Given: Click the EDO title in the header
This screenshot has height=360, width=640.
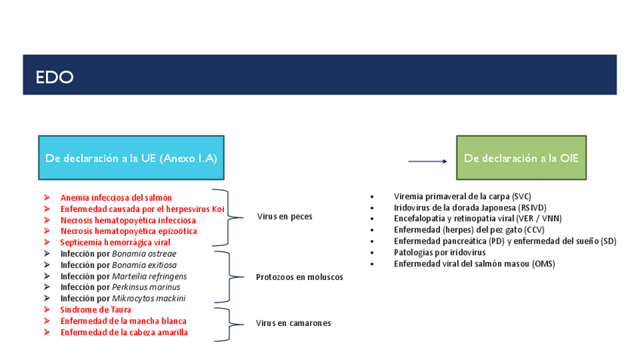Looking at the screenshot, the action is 54,77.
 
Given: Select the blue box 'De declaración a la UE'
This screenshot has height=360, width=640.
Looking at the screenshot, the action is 130,158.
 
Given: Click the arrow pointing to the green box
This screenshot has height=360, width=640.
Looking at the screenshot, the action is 427,160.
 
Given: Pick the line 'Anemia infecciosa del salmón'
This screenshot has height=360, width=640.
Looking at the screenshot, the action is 116,198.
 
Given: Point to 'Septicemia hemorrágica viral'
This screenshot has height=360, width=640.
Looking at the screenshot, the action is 115,242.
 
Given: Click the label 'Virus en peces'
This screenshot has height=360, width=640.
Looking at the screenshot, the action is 285,217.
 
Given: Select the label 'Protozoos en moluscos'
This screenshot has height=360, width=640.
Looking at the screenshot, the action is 300,277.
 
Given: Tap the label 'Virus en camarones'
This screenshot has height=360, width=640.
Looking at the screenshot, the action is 294,323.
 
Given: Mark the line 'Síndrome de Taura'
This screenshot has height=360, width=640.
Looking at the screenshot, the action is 96,309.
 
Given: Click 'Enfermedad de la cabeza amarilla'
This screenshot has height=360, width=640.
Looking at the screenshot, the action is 124,332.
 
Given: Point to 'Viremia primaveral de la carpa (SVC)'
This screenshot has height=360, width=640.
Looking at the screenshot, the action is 463,195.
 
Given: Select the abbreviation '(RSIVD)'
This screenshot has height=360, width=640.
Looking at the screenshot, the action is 533,207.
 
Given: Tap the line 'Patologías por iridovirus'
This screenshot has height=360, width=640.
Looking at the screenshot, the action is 439,252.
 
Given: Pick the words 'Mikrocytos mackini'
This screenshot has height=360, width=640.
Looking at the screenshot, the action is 149,298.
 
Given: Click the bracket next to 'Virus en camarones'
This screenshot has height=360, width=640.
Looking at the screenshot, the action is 231,323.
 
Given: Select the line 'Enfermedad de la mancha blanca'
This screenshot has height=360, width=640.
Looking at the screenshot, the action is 123,321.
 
